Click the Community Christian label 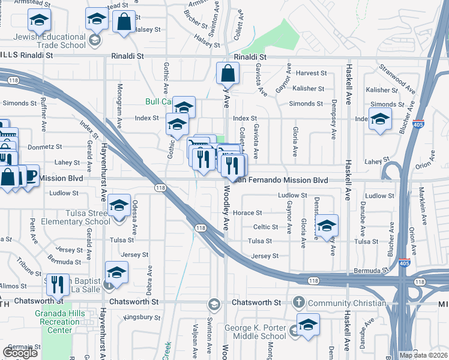coord(346,303)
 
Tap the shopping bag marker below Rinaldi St coord(228,74)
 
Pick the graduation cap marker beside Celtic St coord(326,226)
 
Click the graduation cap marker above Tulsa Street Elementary coord(119,206)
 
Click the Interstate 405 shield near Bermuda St coord(405,263)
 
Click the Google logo coord(20,353)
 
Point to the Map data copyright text coord(424,355)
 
